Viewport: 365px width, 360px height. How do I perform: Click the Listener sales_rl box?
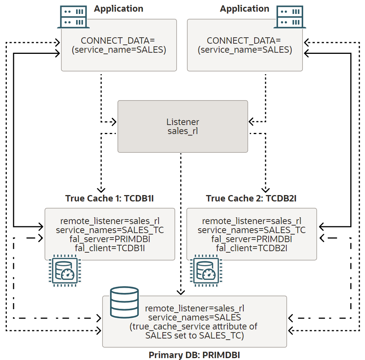pyautogui.click(x=183, y=127)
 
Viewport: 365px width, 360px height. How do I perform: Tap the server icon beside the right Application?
pyautogui.click(x=290, y=17)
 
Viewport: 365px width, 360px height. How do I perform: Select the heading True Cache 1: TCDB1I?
pyautogui.click(x=109, y=198)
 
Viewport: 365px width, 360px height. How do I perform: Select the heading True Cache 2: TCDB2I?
pyautogui.click(x=251, y=198)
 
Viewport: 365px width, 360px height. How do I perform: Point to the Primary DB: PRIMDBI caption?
pyautogui.click(x=194, y=355)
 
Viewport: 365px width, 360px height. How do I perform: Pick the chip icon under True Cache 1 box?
pyautogui.click(x=63, y=270)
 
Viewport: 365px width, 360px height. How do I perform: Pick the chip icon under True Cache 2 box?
pyautogui.click(x=205, y=270)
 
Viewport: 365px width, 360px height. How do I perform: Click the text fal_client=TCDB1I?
pyautogui.click(x=110, y=247)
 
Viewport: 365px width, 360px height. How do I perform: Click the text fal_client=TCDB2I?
pyautogui.click(x=251, y=247)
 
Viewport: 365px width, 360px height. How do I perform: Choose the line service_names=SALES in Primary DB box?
pyautogui.click(x=194, y=317)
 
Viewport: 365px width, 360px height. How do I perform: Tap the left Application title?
pyautogui.click(x=119, y=9)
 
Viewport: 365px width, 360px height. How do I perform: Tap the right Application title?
pyautogui.click(x=244, y=9)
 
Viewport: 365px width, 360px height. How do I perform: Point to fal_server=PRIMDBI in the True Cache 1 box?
pyautogui.click(x=110, y=239)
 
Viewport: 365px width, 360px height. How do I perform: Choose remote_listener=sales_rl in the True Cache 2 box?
pyautogui.click(x=251, y=221)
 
